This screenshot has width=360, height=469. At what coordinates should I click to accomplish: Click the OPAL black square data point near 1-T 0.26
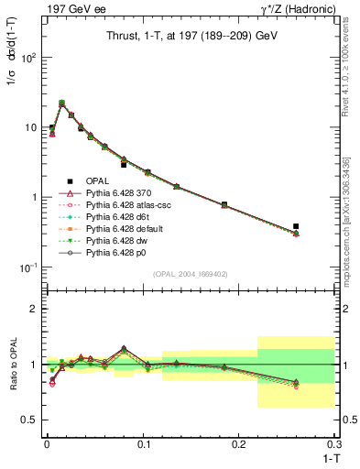coord(296,226)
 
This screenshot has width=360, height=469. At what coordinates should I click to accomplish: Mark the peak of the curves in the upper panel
coord(61,103)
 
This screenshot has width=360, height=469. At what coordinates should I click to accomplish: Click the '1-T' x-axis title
coord(326,457)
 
